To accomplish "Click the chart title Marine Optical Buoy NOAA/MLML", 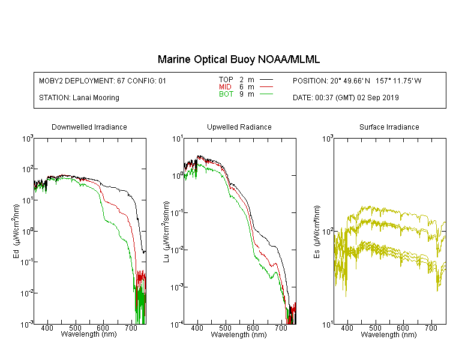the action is point(238,59).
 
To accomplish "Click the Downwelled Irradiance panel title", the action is point(89,127).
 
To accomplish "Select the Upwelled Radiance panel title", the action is point(239,127).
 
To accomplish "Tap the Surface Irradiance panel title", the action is point(389,127).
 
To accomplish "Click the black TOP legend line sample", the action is point(266,80).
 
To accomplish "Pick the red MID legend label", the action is point(225,86).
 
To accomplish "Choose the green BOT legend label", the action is point(226,94).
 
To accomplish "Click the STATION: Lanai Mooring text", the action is point(79,98).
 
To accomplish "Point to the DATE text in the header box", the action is point(346,98).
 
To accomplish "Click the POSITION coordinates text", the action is point(357,80).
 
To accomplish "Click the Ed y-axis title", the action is point(16,231).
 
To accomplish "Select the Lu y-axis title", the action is point(166,232).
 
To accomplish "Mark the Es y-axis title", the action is point(316,232).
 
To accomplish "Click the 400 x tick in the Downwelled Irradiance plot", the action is point(47,328).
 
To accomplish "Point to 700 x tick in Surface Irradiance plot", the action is point(431,328).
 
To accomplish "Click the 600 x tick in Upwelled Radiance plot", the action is point(253,328).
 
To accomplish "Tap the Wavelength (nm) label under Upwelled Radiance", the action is point(239,334).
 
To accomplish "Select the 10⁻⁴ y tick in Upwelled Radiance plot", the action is point(177,325).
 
